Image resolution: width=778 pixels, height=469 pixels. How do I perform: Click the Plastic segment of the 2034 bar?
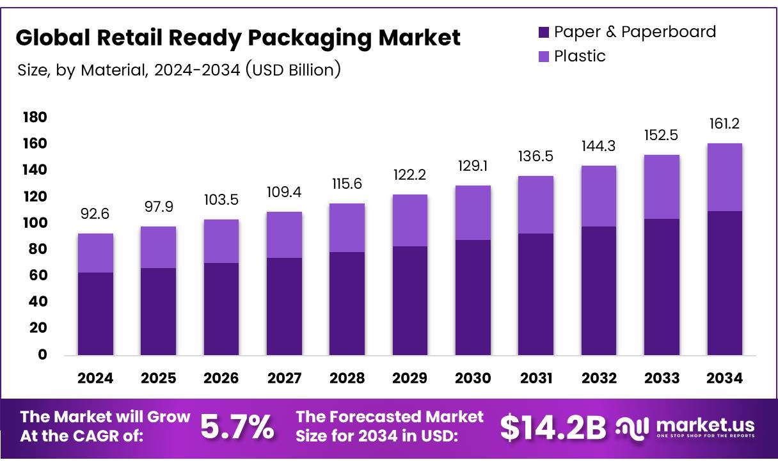click(724, 177)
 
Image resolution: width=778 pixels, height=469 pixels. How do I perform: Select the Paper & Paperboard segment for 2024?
click(95, 314)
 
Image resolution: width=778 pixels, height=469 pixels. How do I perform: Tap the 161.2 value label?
click(724, 123)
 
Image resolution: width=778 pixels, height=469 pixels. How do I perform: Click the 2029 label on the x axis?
click(410, 378)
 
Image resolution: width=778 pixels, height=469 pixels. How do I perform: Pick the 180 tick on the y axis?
click(35, 117)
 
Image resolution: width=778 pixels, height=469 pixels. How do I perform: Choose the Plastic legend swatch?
click(544, 56)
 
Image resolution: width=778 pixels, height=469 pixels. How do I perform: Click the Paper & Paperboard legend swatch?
click(544, 32)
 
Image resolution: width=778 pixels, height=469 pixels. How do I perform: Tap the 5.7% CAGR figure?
click(237, 427)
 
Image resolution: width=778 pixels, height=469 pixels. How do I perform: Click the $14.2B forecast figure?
click(552, 427)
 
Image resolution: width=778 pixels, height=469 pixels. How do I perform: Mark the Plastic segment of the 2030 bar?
click(473, 212)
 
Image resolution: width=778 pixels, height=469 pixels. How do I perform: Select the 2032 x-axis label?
click(599, 378)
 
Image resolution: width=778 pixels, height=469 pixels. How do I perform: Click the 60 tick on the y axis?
click(38, 275)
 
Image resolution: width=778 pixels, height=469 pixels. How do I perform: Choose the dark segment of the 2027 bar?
click(284, 306)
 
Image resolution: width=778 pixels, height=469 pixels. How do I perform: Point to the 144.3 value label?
click(599, 146)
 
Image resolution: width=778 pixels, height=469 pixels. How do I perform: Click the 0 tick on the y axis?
click(42, 354)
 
